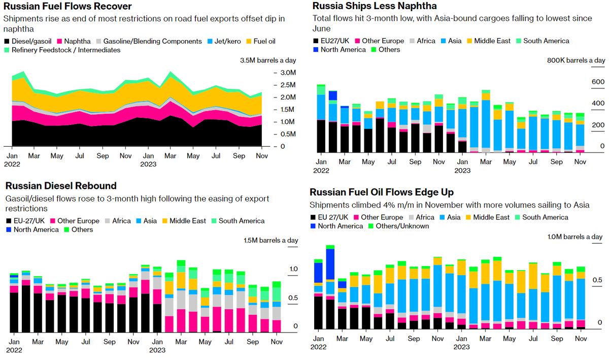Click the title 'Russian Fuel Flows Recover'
[67, 7]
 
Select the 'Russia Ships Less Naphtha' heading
[375, 6]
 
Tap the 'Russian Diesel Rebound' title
[61, 186]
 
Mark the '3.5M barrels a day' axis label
[268, 60]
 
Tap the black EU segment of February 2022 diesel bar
[26, 309]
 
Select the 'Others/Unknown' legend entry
[400, 226]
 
